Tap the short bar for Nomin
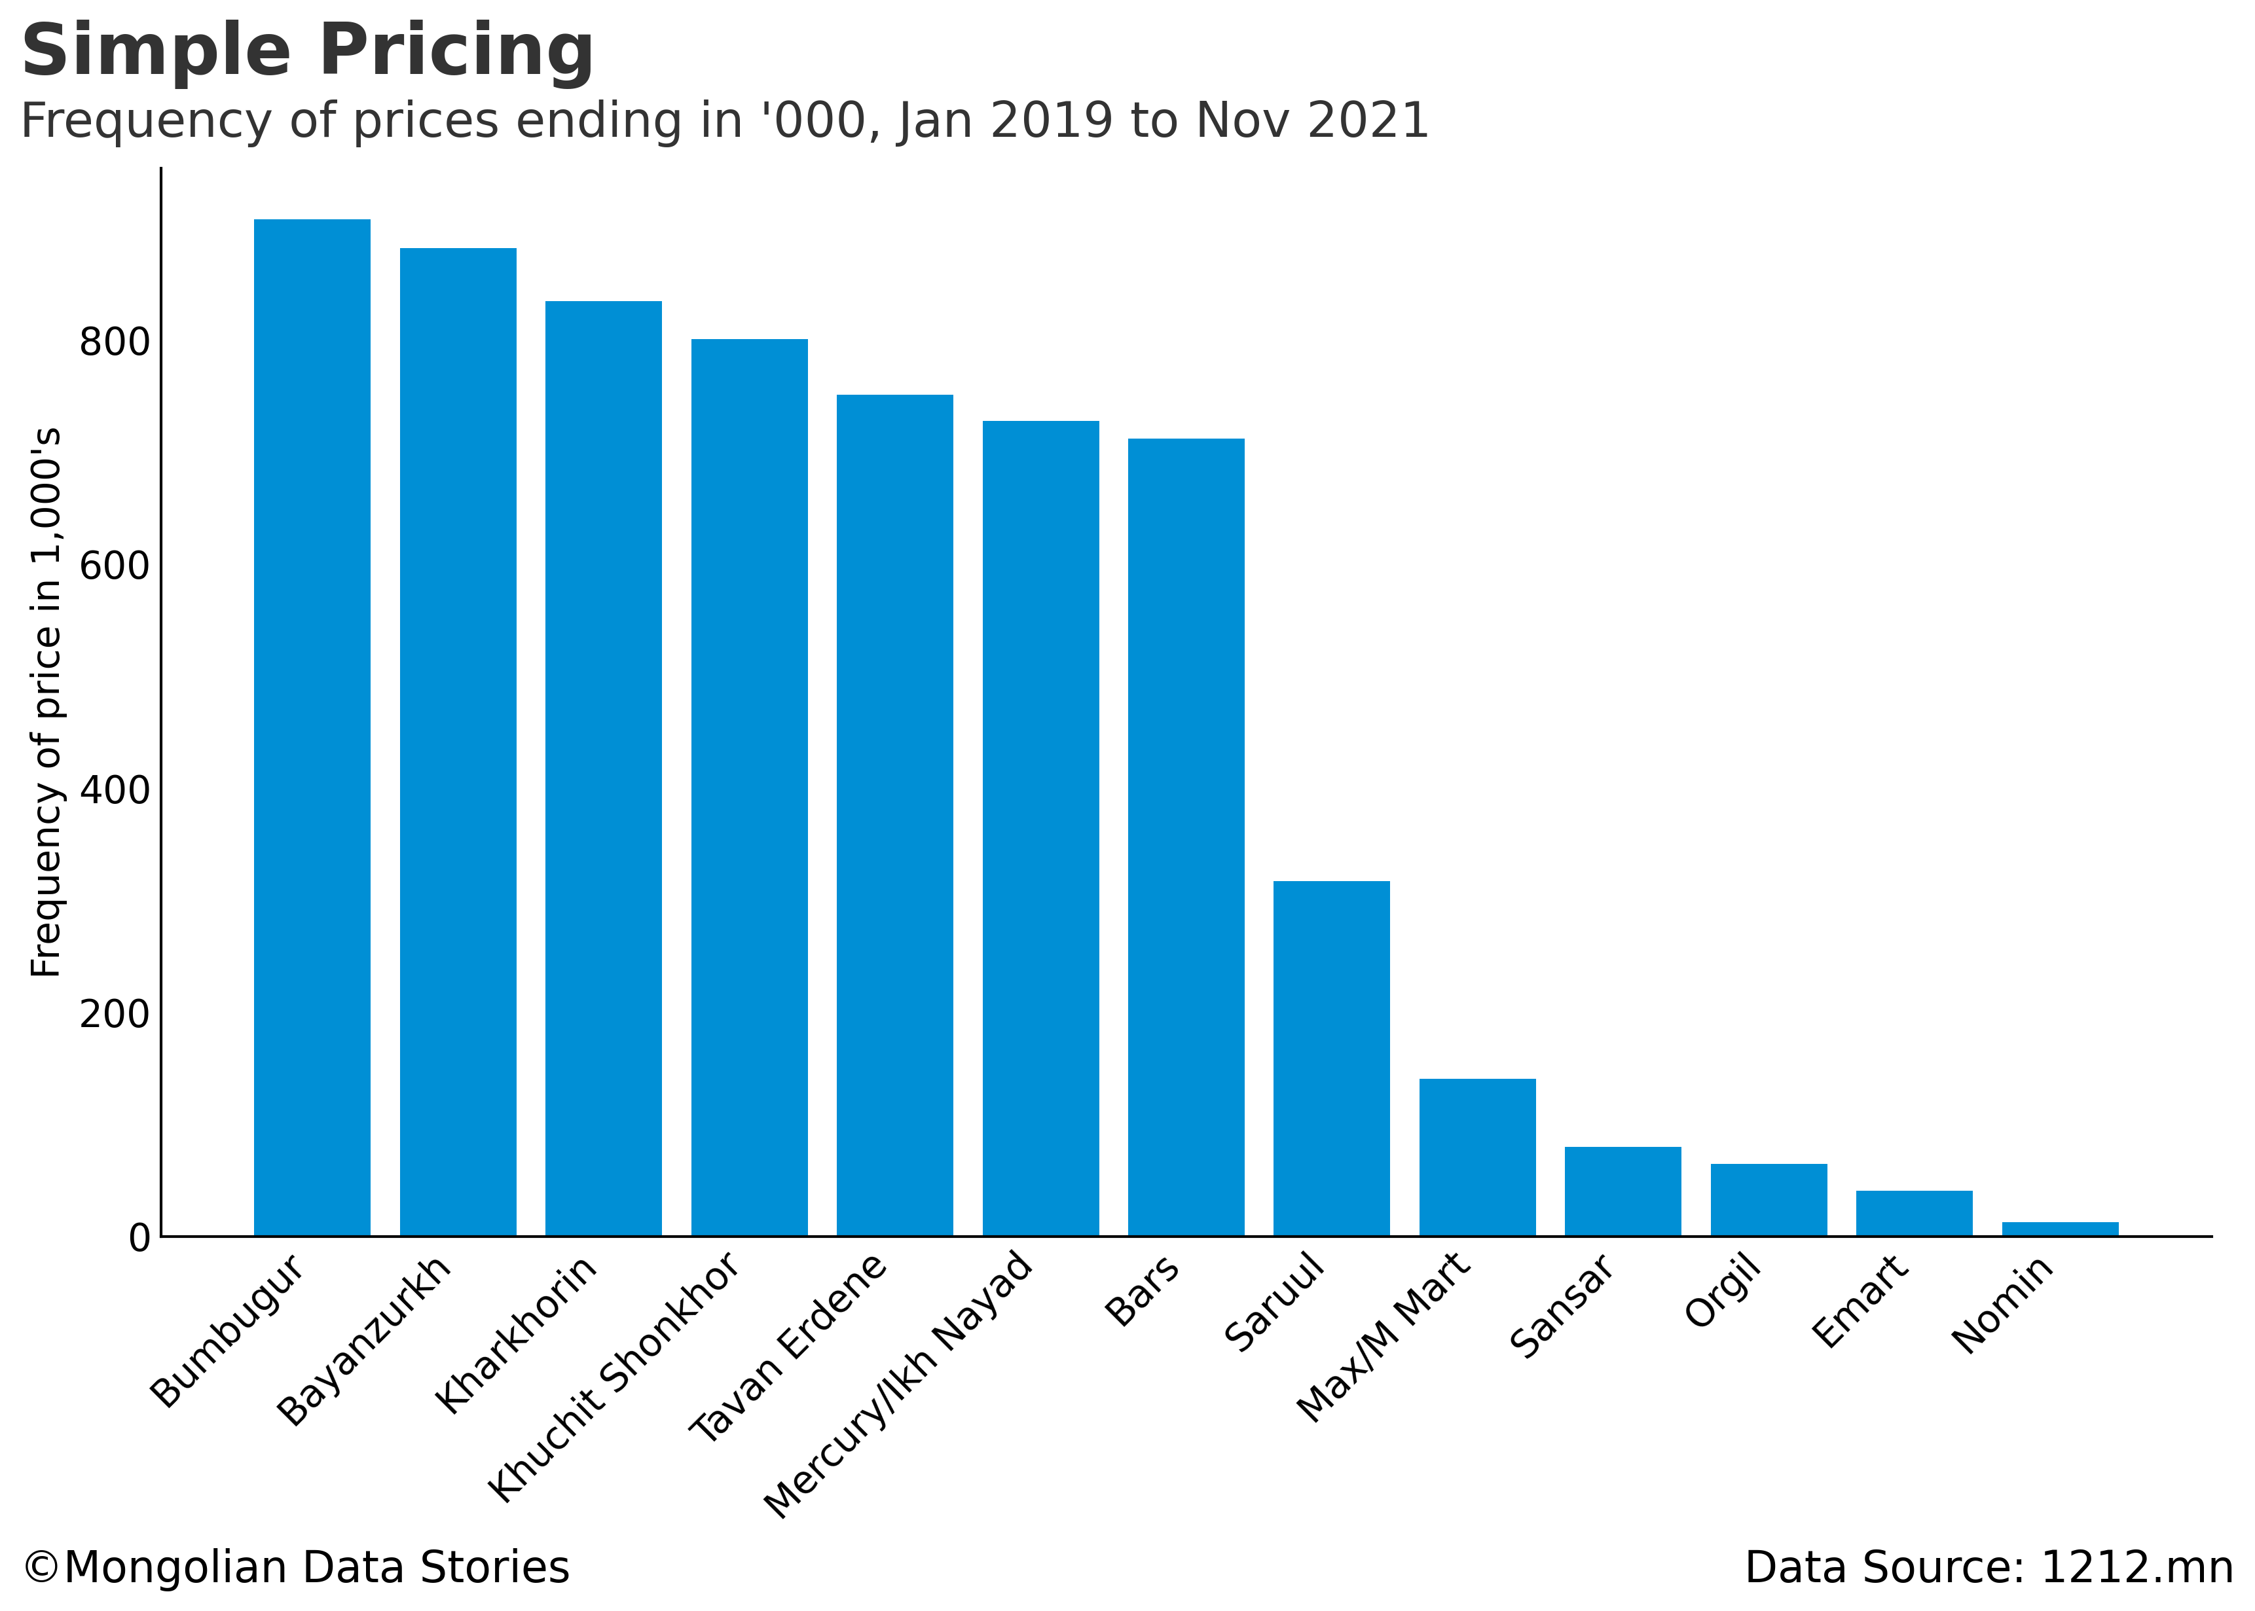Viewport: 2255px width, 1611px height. click(2060, 1229)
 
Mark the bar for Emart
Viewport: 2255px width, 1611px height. click(1914, 1212)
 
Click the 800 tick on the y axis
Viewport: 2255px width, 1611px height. click(114, 342)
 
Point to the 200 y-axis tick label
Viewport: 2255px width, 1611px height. click(114, 1014)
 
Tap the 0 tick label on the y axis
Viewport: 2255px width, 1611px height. click(139, 1238)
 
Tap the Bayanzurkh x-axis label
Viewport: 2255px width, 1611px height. click(364, 1341)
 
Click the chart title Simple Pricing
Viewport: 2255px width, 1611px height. click(308, 52)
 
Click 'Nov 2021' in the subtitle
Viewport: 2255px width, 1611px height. click(1311, 121)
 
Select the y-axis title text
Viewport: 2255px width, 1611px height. click(46, 702)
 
